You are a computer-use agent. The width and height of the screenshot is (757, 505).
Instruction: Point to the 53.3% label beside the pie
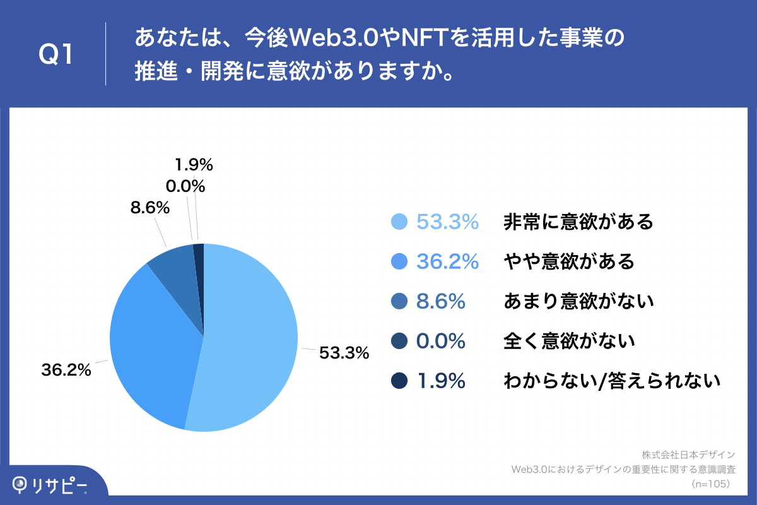pos(344,353)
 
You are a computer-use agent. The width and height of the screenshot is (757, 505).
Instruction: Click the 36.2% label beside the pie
pos(66,370)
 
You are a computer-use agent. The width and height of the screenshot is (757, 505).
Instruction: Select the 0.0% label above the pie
pos(185,186)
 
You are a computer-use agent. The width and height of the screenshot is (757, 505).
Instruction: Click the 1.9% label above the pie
pos(194,165)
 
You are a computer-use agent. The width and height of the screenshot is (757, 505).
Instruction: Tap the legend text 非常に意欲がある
pos(578,222)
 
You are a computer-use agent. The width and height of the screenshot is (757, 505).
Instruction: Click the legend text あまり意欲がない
pos(578,301)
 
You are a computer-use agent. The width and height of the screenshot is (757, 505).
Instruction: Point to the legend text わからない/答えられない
pos(611,381)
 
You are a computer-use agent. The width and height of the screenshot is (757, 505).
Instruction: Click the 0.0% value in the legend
pos(441,341)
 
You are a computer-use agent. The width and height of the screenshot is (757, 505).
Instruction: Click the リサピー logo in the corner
pos(50,485)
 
